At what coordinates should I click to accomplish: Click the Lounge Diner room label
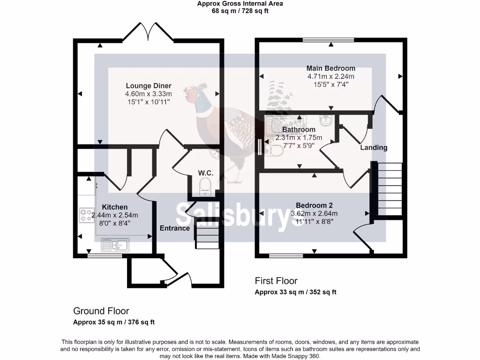[148, 86]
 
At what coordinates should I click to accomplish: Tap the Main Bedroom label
[330, 68]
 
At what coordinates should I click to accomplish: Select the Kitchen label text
[115, 207]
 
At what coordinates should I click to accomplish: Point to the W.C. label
[205, 173]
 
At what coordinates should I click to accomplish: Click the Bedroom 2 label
[314, 205]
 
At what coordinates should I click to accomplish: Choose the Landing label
[374, 148]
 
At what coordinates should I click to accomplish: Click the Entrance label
[175, 228]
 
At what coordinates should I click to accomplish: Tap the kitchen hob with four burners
[87, 215]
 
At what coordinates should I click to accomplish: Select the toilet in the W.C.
[204, 190]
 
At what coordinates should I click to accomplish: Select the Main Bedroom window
[328, 40]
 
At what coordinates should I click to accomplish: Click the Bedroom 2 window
[285, 256]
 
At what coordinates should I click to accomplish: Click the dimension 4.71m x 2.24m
[330, 76]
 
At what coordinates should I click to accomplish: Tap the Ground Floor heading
[101, 311]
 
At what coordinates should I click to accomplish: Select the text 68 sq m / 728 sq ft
[240, 11]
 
